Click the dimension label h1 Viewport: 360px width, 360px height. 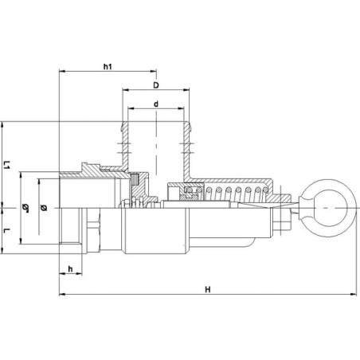(108, 66)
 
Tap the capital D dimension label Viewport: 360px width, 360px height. (156, 85)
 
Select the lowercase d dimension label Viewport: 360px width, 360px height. (156, 104)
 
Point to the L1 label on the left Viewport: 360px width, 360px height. (7, 165)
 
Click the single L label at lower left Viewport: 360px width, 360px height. (7, 230)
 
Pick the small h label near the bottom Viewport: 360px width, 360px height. (70, 269)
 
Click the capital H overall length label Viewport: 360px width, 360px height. (208, 289)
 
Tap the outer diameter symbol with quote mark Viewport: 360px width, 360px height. (25, 208)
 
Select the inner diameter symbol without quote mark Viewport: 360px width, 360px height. (44, 208)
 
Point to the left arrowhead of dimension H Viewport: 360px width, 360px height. (61, 294)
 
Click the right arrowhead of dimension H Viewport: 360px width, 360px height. (353, 294)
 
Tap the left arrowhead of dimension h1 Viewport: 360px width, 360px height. (61, 71)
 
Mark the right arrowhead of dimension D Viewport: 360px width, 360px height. (186, 90)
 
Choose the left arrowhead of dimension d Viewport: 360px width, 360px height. (131, 108)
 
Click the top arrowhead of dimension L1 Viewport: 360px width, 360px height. (2, 124)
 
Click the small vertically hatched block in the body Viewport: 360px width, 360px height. (135, 179)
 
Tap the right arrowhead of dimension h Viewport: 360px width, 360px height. (80, 274)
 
